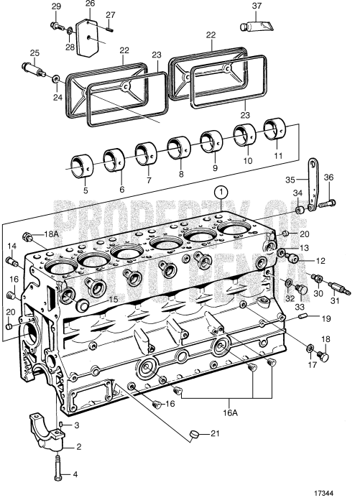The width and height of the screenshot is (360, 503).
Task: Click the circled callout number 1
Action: pyautogui.click(x=222, y=192)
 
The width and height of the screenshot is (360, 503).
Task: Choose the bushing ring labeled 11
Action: pyautogui.click(x=280, y=129)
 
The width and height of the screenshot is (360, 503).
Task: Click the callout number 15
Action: pyautogui.click(x=112, y=299)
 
